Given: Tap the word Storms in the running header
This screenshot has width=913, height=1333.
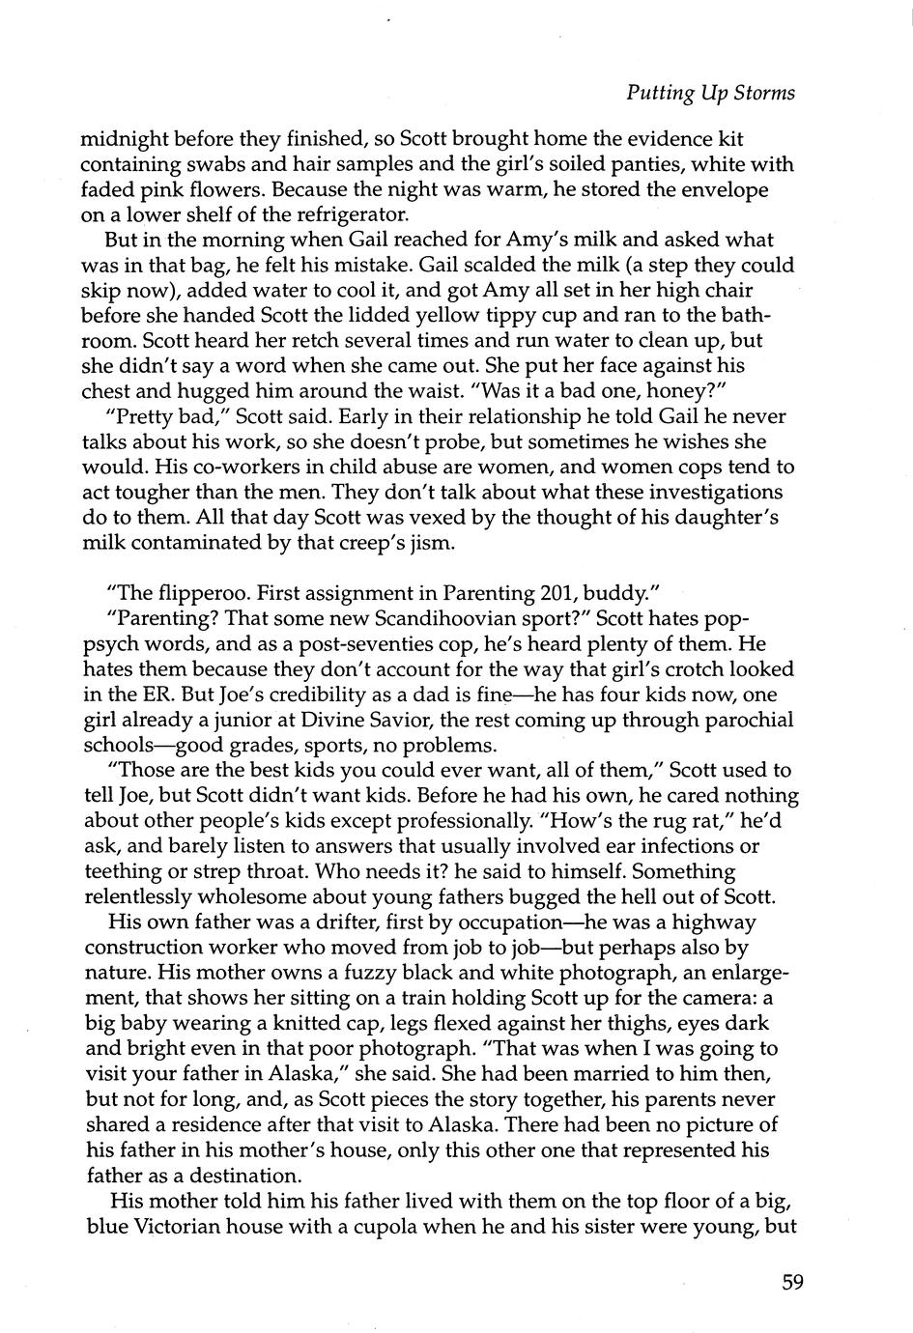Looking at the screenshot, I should [762, 93].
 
